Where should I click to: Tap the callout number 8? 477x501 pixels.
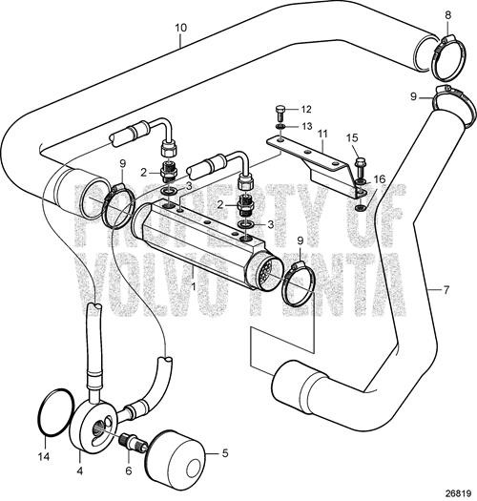point(448,14)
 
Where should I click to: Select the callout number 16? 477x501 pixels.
point(381,179)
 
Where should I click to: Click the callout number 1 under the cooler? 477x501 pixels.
point(196,284)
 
